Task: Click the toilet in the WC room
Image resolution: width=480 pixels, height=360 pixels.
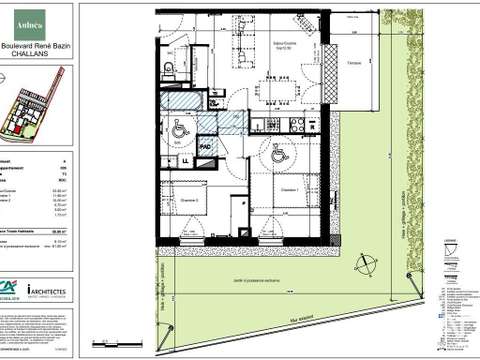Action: [x=171, y=67]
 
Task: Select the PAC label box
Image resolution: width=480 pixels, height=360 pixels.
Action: [x=205, y=146]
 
